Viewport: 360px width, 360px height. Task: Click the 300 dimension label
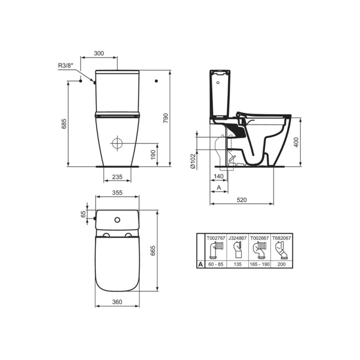click(x=99, y=53)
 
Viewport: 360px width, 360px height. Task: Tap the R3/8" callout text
click(x=66, y=66)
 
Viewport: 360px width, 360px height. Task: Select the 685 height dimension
click(x=64, y=124)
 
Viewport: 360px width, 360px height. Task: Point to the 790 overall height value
click(x=166, y=118)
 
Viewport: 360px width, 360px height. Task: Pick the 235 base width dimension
click(x=117, y=177)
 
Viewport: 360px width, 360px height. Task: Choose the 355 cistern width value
click(x=117, y=193)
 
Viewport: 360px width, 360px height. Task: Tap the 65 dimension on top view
click(x=84, y=214)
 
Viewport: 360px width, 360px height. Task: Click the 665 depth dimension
click(x=153, y=251)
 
